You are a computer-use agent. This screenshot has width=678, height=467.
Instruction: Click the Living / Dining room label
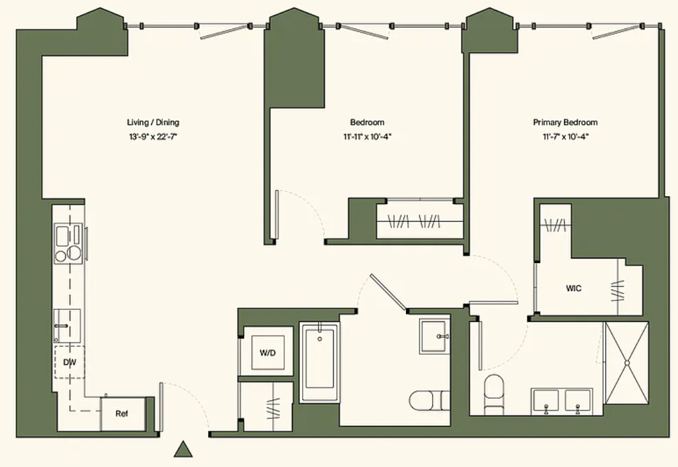click(153, 123)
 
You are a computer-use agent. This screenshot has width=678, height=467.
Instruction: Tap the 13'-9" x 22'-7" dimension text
click(153, 137)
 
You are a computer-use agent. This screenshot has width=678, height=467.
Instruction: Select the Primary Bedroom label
click(565, 123)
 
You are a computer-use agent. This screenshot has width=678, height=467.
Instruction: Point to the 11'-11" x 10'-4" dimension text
click(367, 137)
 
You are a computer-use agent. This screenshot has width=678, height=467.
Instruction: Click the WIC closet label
click(574, 288)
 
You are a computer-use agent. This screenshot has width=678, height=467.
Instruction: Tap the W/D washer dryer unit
click(267, 352)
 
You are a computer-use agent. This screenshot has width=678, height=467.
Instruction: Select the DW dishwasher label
click(70, 362)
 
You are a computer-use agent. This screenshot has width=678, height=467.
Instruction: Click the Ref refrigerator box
click(122, 414)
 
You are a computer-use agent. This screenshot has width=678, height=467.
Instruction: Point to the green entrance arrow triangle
click(183, 449)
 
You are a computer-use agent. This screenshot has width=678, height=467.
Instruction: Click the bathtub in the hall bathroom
click(320, 362)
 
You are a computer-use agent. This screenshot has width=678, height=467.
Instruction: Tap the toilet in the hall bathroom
click(429, 400)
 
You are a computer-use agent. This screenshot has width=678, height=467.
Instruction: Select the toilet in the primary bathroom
click(494, 394)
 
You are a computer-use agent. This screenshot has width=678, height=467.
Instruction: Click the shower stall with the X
click(626, 363)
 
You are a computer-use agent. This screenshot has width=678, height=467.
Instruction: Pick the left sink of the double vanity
click(546, 401)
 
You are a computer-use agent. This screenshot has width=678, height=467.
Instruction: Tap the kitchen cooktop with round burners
click(69, 243)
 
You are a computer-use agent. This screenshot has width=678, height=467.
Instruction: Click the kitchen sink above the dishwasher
click(67, 326)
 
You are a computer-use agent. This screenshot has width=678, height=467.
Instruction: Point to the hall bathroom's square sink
click(434, 337)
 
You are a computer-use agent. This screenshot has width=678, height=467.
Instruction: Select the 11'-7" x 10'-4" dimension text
click(565, 137)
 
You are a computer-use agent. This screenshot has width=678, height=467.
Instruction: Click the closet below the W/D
click(266, 407)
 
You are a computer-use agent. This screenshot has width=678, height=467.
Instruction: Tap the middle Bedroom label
click(367, 123)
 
